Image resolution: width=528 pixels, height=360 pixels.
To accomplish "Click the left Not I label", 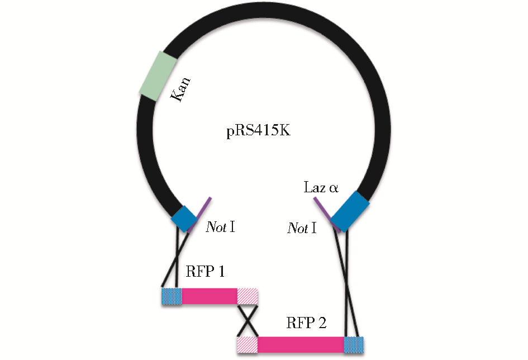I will pos(220,228).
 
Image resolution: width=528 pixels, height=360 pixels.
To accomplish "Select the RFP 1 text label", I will pos(205,272).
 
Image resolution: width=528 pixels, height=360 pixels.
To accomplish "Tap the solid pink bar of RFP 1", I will pos(209,296).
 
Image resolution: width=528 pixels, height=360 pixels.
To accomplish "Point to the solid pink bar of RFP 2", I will pos(300,344).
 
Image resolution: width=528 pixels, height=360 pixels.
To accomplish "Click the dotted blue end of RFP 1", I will pos(172,296).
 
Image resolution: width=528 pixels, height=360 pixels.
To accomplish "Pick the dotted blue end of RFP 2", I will pos(353,344).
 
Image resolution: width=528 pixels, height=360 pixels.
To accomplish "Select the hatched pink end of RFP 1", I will pos(247,296).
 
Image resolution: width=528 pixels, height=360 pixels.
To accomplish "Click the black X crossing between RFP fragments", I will pos(247,320).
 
